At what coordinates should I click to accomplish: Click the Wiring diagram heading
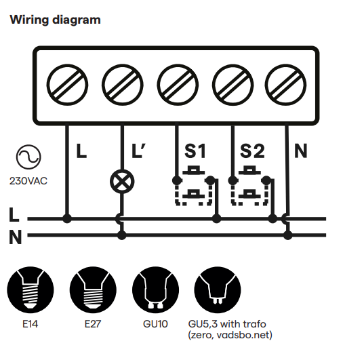[x=55, y=20]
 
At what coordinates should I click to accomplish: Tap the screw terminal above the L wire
[x=67, y=85]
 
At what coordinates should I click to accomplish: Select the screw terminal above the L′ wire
[x=122, y=85]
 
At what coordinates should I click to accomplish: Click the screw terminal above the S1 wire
[x=178, y=85]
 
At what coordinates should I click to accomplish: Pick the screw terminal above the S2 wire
[x=233, y=85]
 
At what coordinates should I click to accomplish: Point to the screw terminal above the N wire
[x=285, y=85]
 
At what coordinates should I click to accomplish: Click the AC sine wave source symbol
[x=28, y=157]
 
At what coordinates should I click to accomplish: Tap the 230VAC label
[x=28, y=181]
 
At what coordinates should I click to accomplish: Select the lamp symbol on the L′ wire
[x=122, y=182]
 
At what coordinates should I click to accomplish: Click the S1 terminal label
[x=195, y=151]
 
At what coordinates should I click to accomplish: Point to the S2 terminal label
[x=252, y=151]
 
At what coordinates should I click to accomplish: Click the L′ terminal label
[x=138, y=151]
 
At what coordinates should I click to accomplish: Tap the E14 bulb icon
[x=31, y=290]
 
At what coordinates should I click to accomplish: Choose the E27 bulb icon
[x=93, y=290]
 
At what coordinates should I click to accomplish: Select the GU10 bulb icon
[x=155, y=290]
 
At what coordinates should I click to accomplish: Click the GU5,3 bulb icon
[x=218, y=290]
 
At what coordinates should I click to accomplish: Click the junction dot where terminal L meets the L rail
[x=67, y=218]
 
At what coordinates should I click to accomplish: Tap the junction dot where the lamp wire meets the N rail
[x=122, y=235]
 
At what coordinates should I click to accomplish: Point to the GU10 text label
[x=155, y=324]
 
